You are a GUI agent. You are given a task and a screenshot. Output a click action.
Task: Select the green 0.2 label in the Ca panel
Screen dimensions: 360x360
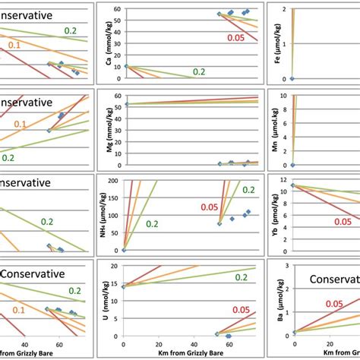coord(199,71)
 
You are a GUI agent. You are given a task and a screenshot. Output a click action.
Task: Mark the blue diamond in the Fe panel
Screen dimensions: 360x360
coord(292,79)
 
